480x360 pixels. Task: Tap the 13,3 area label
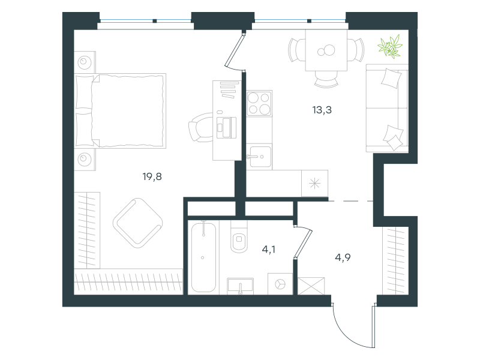(323, 110)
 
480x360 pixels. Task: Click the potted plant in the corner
(391, 47)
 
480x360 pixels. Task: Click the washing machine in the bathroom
(280, 283)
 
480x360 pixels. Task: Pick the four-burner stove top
(259, 103)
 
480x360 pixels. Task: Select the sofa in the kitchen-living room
(387, 108)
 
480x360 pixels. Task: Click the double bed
(128, 110)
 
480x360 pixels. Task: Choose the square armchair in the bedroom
(138, 221)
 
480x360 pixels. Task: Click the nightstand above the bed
(85, 61)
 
